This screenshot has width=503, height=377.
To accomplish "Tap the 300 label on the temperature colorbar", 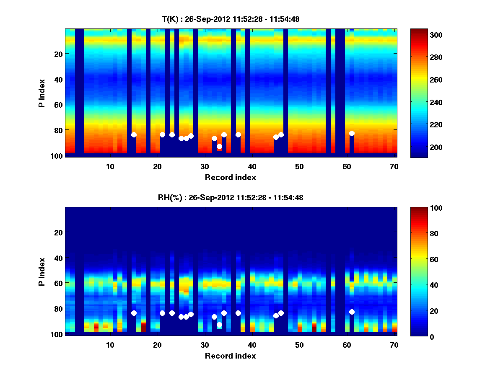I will pos(425,35).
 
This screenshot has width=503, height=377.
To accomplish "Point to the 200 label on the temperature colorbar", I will pos(425,147).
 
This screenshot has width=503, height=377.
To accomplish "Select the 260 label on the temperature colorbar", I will pos(425,80).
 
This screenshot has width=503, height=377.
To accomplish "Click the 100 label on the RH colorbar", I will pos(425,208).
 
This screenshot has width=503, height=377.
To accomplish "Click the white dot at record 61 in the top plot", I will pos(352,133).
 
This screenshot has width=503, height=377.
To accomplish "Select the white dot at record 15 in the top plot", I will pos(134,134).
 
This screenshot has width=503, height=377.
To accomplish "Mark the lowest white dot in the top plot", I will pos(219,146).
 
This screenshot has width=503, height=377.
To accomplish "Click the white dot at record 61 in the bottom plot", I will pos(352,312).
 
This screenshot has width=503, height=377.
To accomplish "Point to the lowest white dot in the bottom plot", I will pos(219,325).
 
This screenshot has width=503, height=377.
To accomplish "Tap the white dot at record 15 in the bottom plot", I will pos(134,313).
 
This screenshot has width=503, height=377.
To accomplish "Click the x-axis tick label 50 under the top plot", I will pos(299,166).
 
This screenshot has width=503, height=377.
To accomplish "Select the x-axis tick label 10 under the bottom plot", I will pos(110,345).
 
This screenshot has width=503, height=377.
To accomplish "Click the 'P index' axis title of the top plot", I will pos(41,92).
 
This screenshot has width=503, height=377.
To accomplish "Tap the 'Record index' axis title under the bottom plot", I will pos(230,356).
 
